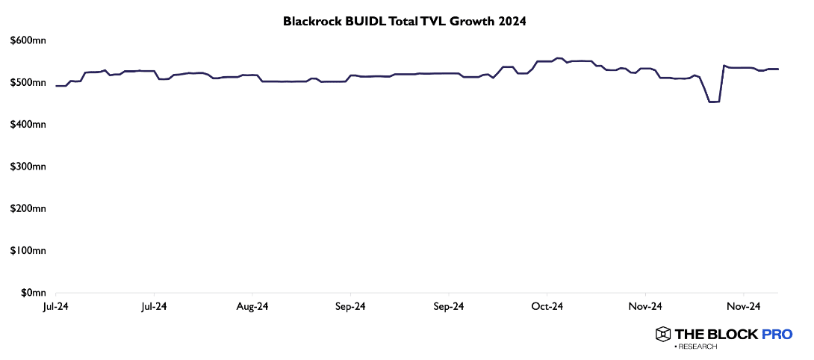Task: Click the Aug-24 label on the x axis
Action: tap(252, 306)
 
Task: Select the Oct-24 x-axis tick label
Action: tap(547, 306)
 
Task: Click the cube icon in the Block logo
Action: tap(662, 335)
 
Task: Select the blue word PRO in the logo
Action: tap(777, 335)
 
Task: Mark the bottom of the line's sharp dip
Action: tap(713, 102)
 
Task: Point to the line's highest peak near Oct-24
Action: tap(558, 58)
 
